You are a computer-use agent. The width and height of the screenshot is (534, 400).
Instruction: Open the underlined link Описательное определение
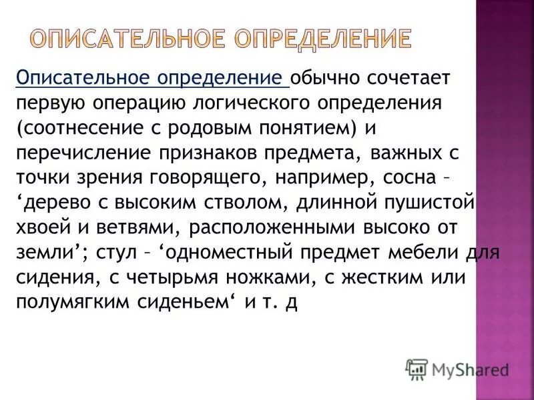[152, 79]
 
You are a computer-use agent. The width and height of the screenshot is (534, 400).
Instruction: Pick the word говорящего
[214, 178]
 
